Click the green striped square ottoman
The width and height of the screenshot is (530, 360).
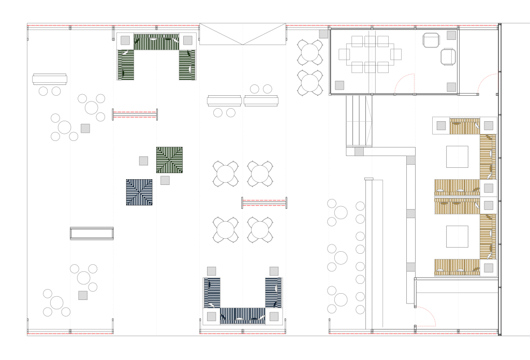[x=169, y=160]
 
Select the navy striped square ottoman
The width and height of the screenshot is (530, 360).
[x=139, y=192]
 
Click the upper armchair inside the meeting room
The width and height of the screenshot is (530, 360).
[x=431, y=40]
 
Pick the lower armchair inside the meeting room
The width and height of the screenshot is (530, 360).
[x=448, y=56]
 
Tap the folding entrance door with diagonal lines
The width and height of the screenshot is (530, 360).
[x=242, y=34]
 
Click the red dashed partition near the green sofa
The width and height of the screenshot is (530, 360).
[x=135, y=114]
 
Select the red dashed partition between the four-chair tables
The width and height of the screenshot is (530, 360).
[x=264, y=203]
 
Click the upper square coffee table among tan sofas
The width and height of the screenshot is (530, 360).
[x=457, y=156]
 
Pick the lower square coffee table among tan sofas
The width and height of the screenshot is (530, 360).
[x=457, y=236]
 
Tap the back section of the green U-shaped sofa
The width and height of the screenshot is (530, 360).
[x=156, y=42]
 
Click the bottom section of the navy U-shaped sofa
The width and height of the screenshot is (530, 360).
[x=242, y=315]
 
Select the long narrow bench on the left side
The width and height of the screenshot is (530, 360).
[x=92, y=233]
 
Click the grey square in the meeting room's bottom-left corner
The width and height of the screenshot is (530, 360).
[x=340, y=85]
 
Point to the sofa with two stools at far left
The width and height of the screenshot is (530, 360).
[x=50, y=79]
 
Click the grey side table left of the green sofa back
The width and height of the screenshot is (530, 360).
[x=125, y=40]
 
